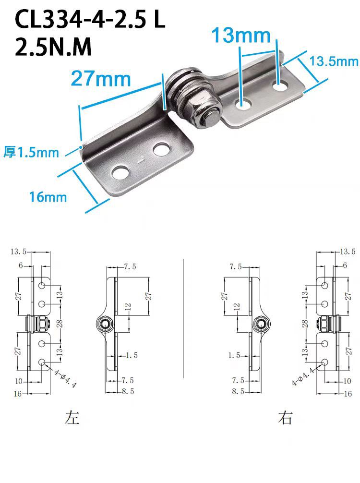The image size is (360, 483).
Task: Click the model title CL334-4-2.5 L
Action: tap(90, 19)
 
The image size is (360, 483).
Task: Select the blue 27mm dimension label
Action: tap(101, 79)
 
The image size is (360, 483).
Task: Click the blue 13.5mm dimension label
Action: tap(334, 61)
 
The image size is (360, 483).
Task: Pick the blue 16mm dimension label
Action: tap(48, 197)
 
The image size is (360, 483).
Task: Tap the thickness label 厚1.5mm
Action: tap(31, 153)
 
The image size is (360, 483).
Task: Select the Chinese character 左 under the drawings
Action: tap(72, 417)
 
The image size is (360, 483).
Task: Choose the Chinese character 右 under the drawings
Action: tap(285, 418)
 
